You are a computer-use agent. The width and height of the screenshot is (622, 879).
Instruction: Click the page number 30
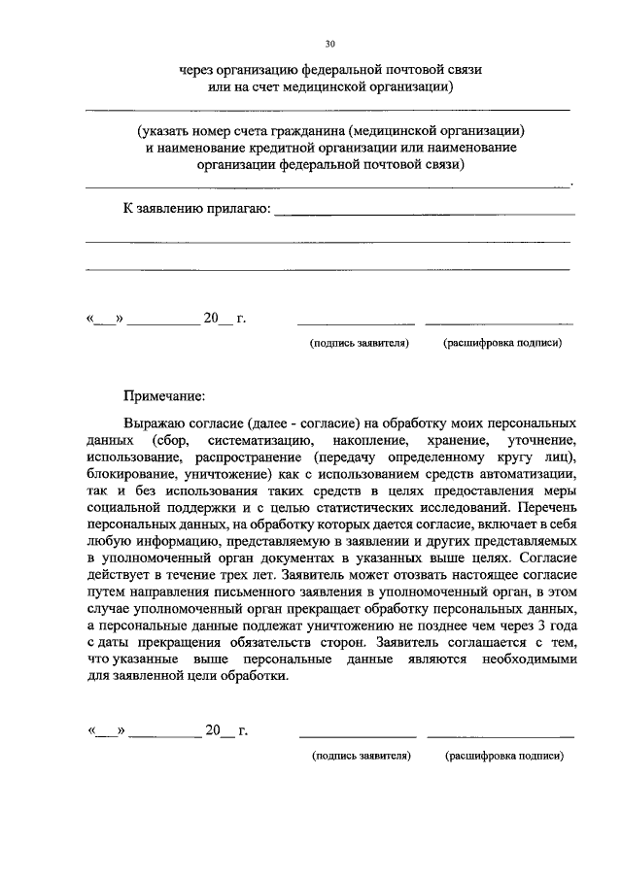click(329, 44)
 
